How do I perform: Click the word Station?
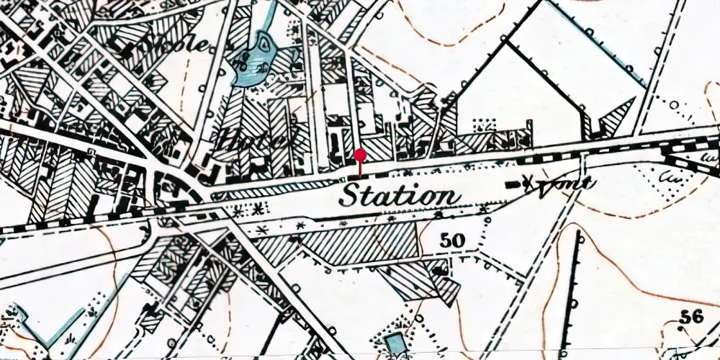pyautogui.click(x=400, y=196)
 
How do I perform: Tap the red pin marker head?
pyautogui.click(x=360, y=155)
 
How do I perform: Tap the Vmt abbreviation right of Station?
pyautogui.click(x=569, y=184)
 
